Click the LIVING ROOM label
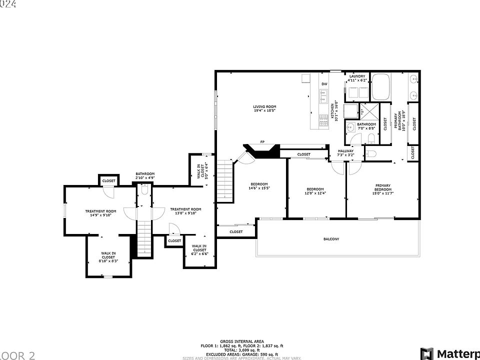264,108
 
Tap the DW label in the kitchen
324,83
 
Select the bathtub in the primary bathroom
383,87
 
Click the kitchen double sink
323,92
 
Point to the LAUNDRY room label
357,78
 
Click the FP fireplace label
262,142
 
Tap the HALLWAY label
345,152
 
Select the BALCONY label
331,239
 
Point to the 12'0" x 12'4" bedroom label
315,191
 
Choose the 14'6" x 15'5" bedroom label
259,186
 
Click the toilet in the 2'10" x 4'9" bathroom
144,189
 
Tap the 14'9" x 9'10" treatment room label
100,213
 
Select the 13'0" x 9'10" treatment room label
185,211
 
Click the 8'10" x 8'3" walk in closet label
108,257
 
